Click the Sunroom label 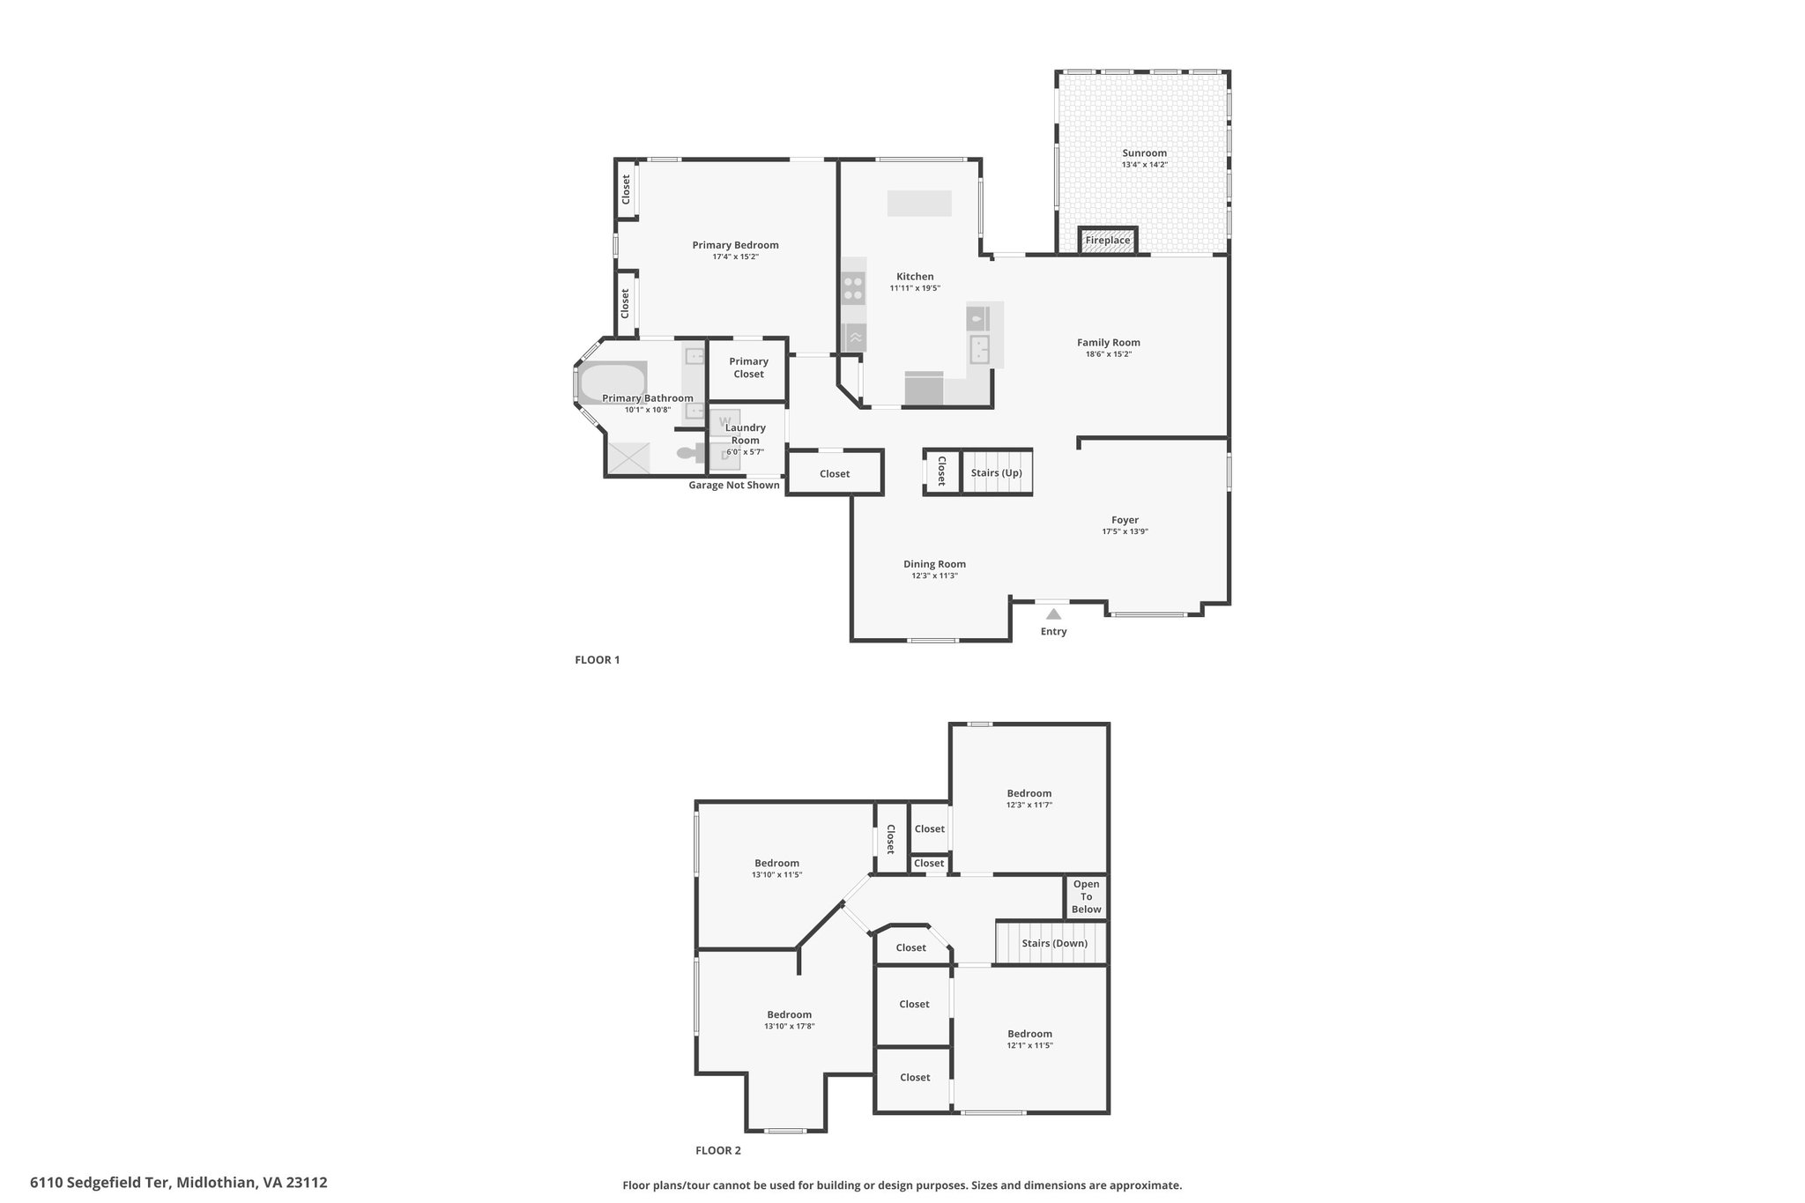pyautogui.click(x=1144, y=153)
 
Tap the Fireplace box pyautogui.click(x=1108, y=241)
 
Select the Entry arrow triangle pyautogui.click(x=1053, y=614)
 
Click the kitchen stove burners pyautogui.click(x=853, y=289)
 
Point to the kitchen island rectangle pyautogui.click(x=919, y=204)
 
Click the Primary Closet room pyautogui.click(x=748, y=368)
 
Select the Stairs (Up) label pyautogui.click(x=996, y=473)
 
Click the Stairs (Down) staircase pyautogui.click(x=1051, y=943)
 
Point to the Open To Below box pyautogui.click(x=1086, y=897)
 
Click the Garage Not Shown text pyautogui.click(x=734, y=485)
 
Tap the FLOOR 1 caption pyautogui.click(x=598, y=659)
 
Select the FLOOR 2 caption pyautogui.click(x=718, y=1150)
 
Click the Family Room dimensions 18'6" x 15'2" pyautogui.click(x=1109, y=354)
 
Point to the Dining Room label pyautogui.click(x=934, y=564)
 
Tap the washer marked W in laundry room pyautogui.click(x=726, y=420)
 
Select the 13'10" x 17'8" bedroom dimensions pyautogui.click(x=790, y=1026)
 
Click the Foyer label pyautogui.click(x=1125, y=520)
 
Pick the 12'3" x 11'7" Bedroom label pyautogui.click(x=1029, y=793)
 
